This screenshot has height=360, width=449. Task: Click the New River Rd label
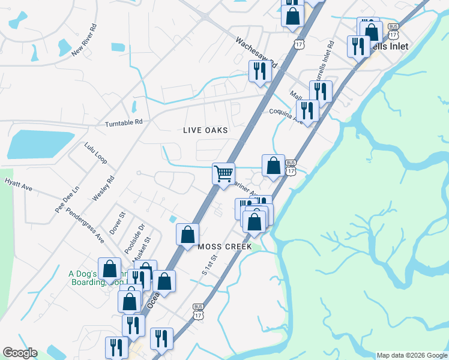click(85, 40)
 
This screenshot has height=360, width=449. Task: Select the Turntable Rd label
click(124, 122)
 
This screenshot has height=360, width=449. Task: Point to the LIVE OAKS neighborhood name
click(206, 130)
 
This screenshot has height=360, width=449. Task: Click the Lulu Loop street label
click(95, 154)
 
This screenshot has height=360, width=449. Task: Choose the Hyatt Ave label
click(18, 184)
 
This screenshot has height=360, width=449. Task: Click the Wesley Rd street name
click(103, 188)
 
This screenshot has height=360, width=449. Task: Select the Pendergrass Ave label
click(85, 222)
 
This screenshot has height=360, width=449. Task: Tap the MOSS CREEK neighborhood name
click(221, 247)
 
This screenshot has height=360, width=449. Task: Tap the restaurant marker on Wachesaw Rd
click(261, 71)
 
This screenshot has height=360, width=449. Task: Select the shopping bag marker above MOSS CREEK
click(187, 234)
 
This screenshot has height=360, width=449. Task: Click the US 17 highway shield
click(300, 44)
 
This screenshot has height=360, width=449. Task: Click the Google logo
click(20, 353)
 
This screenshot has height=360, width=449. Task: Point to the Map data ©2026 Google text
click(412, 355)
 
